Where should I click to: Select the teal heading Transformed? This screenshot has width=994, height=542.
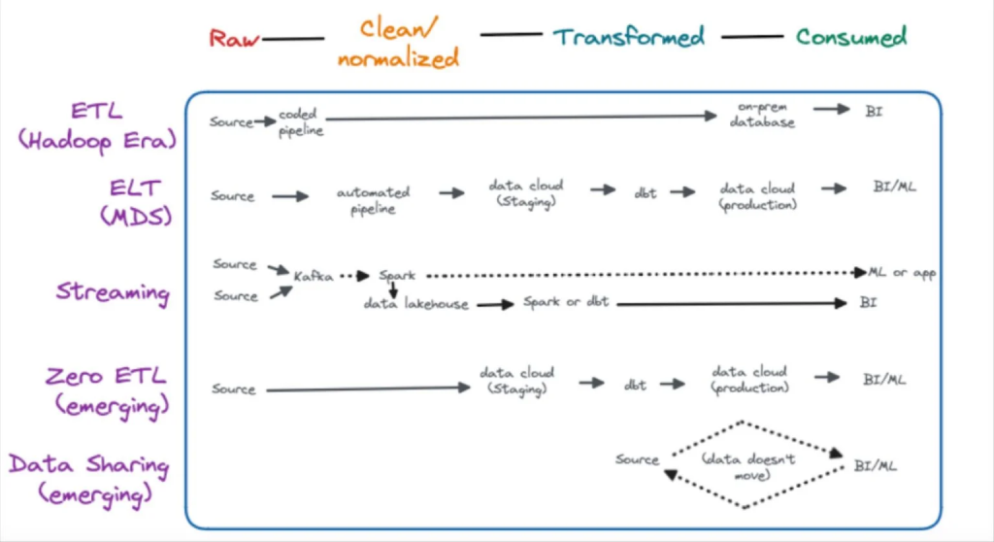tap(629, 37)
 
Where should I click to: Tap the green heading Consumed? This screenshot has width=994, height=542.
tap(851, 37)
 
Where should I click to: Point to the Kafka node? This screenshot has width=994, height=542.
tap(314, 276)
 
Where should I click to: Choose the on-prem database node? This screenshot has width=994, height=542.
tap(764, 115)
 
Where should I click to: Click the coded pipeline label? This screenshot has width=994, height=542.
tap(301, 122)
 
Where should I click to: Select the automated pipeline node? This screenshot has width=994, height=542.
tap(373, 200)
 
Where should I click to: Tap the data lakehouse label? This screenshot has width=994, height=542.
tap(415, 304)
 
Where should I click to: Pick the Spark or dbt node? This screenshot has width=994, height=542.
tap(566, 302)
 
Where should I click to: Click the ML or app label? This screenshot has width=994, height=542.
tap(902, 273)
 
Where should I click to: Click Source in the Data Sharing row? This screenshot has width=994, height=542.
tap(637, 458)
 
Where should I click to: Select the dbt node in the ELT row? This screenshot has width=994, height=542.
tap(645, 192)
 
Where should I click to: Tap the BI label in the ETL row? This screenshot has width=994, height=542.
tap(875, 111)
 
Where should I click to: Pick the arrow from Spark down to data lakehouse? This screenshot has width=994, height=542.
tap(393, 288)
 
